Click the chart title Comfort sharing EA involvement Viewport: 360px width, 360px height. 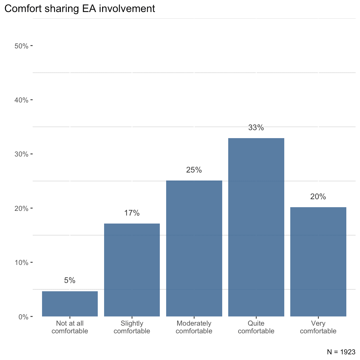point(80,9)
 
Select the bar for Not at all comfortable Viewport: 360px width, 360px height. point(70,304)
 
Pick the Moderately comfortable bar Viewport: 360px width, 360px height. point(194,248)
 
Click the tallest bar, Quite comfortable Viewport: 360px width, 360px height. point(256,227)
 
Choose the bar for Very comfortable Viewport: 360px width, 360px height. point(318,262)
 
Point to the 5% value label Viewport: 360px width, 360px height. point(70,281)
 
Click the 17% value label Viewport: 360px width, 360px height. point(132,213)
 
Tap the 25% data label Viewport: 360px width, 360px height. point(194,170)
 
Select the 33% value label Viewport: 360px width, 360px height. point(256,127)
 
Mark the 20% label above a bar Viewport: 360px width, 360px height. point(318,197)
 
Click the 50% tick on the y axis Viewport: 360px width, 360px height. point(21,46)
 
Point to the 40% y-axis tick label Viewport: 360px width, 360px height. point(21,100)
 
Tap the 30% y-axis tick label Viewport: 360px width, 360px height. point(21,154)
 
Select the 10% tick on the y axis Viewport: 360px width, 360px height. point(21,263)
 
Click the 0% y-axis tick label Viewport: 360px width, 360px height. point(23,317)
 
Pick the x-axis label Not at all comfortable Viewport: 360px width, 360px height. point(70,327)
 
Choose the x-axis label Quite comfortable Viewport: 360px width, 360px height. point(256,327)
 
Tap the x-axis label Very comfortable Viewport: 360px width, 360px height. point(318,327)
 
